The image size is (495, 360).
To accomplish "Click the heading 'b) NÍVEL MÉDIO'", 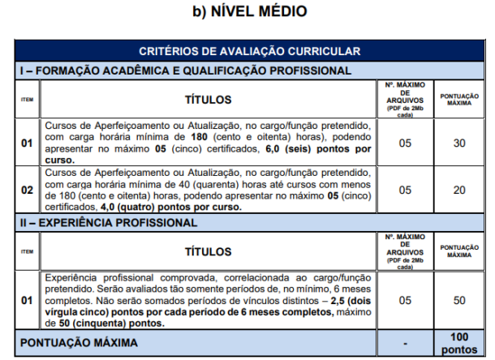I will click(x=249, y=12).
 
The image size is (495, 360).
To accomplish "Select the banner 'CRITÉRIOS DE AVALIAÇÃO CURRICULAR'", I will click(x=249, y=51).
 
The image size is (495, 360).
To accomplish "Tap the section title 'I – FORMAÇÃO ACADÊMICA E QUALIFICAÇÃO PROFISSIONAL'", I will click(x=185, y=71).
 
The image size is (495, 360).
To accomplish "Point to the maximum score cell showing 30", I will click(x=458, y=144).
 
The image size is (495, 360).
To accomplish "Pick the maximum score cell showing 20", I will click(x=458, y=189).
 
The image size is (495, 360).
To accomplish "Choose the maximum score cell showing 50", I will click(x=458, y=301).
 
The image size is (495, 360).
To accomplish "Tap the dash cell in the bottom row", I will click(x=405, y=344).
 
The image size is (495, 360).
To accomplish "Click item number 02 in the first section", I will click(x=28, y=189).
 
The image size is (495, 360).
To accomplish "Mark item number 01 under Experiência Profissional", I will click(x=28, y=301).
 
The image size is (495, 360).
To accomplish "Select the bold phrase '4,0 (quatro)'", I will click(x=109, y=206).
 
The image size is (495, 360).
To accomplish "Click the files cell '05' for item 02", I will click(x=405, y=189).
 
